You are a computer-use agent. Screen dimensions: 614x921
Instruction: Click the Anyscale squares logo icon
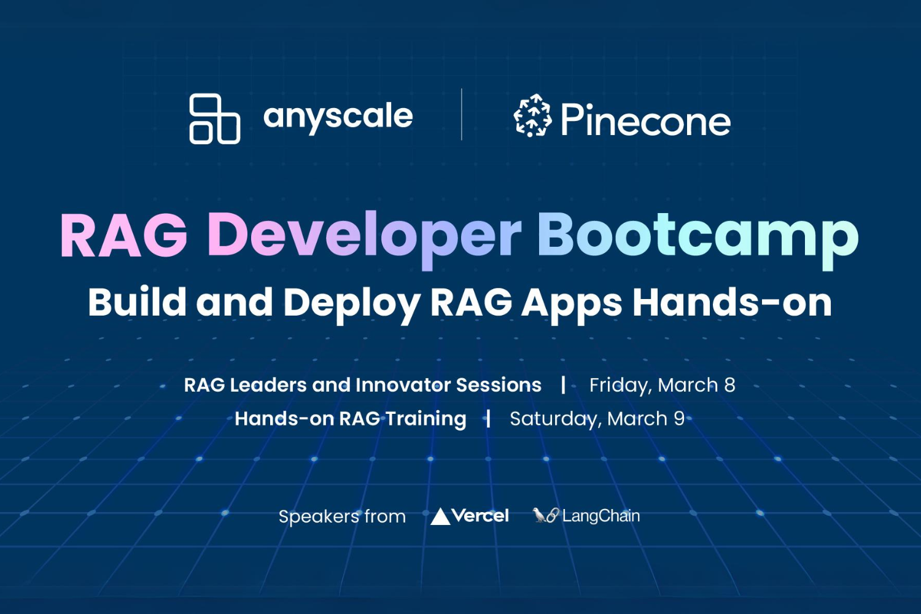[214, 119]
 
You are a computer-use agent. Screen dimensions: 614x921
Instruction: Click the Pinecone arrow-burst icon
[532, 115]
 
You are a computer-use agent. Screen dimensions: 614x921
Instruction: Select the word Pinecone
[645, 120]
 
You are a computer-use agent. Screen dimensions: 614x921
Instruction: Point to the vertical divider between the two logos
[462, 115]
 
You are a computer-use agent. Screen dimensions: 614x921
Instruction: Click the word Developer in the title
[364, 236]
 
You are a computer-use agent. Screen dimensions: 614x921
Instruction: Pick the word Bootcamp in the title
[698, 236]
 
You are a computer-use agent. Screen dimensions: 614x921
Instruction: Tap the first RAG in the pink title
[123, 236]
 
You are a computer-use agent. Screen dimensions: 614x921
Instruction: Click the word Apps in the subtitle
[572, 303]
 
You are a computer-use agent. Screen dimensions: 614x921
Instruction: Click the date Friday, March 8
[662, 385]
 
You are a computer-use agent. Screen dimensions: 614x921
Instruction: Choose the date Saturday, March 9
[597, 419]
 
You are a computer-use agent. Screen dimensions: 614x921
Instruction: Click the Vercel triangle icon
[440, 516]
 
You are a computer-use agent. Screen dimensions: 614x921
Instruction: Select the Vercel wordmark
[480, 516]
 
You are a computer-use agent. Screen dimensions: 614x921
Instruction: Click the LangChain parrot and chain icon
[545, 515]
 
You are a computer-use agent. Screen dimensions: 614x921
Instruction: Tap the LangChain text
[600, 516]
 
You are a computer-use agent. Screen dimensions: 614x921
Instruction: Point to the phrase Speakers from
[342, 516]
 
